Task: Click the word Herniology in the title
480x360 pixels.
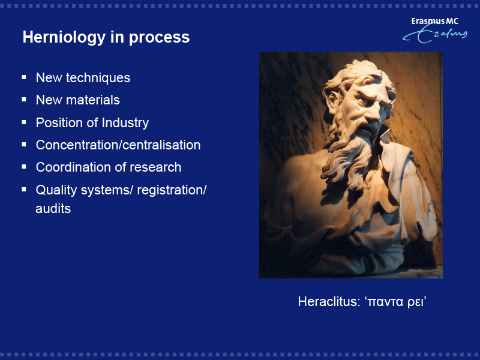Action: (x=64, y=38)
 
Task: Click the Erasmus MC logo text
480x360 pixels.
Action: (x=434, y=21)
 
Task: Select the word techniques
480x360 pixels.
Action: (x=98, y=78)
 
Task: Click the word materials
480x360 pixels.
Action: (x=93, y=100)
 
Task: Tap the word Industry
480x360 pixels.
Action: (x=125, y=123)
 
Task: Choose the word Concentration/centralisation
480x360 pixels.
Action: (x=118, y=145)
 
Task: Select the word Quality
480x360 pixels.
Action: (x=56, y=190)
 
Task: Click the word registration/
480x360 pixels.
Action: (x=172, y=190)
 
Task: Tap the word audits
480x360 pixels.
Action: (x=53, y=209)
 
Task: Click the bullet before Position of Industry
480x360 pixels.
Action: (x=24, y=122)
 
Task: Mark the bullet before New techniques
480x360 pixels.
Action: (x=24, y=77)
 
